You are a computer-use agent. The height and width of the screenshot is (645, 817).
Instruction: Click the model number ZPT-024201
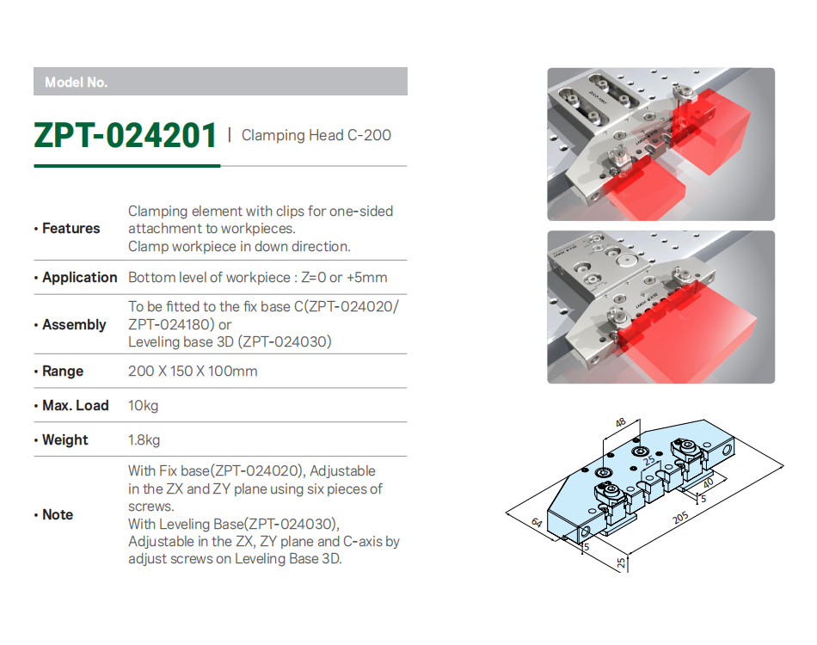coord(125,136)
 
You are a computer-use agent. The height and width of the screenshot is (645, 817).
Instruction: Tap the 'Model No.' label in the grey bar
coord(76,83)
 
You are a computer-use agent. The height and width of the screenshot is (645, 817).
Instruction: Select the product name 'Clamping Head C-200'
coord(316,136)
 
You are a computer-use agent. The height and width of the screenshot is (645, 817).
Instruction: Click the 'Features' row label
coord(71,228)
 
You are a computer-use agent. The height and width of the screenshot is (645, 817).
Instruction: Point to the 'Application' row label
coord(80,278)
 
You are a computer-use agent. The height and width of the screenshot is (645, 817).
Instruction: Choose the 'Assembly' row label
coord(74,324)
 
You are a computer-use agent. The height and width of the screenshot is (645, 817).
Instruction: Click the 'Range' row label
coord(63,372)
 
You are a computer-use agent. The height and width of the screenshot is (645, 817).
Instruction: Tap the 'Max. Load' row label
coord(76,405)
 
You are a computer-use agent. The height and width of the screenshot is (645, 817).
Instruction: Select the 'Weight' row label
coord(65,440)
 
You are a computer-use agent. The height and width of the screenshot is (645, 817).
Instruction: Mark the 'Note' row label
coord(58,515)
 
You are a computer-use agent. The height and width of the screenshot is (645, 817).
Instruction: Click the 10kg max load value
coord(144,406)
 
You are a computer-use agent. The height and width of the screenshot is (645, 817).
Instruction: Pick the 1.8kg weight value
coord(144,440)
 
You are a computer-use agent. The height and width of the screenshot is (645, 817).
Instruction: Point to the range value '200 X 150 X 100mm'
coord(193,372)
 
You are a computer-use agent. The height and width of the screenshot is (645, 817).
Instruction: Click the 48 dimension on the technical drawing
coord(620,422)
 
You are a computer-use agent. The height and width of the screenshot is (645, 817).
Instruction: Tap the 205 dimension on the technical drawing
coord(680,518)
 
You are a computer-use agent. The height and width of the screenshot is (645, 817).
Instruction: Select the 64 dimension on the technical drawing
coord(537,523)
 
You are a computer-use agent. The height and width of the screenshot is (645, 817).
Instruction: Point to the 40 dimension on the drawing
coord(708,483)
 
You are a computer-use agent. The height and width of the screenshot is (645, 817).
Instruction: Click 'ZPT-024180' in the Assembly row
coord(171,324)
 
